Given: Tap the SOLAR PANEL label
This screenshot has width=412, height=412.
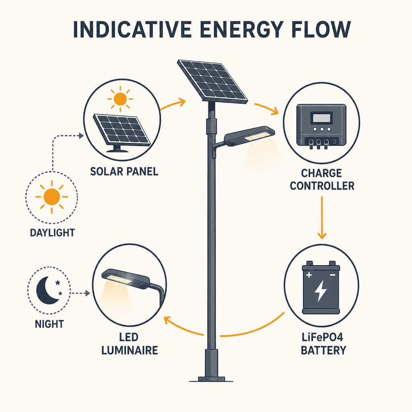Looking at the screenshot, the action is [124, 171].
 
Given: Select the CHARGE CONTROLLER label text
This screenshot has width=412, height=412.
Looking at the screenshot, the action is [322, 179].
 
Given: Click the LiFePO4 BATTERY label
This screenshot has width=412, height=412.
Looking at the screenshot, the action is [323, 344].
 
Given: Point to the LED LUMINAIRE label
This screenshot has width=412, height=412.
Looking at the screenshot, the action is [130, 344].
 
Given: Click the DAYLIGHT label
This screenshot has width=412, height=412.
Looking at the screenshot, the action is [52, 233].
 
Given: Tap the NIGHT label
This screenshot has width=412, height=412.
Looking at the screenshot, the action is [49, 324].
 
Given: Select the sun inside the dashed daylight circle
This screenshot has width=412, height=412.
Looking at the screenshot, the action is [52, 197].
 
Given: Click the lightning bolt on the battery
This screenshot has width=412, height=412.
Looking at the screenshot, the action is [321, 290].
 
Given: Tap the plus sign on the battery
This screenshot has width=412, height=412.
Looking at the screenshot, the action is [309, 275].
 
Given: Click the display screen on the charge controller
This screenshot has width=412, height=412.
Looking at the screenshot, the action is [321, 118].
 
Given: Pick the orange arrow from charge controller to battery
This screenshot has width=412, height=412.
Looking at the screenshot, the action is [322, 218].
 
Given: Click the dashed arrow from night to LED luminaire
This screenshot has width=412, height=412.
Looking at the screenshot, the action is [80, 293].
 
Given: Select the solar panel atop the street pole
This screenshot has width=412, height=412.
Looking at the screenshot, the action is [212, 81].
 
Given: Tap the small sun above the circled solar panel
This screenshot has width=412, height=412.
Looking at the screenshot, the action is [120, 99].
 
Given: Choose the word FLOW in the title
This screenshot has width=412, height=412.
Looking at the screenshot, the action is [321, 29].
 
